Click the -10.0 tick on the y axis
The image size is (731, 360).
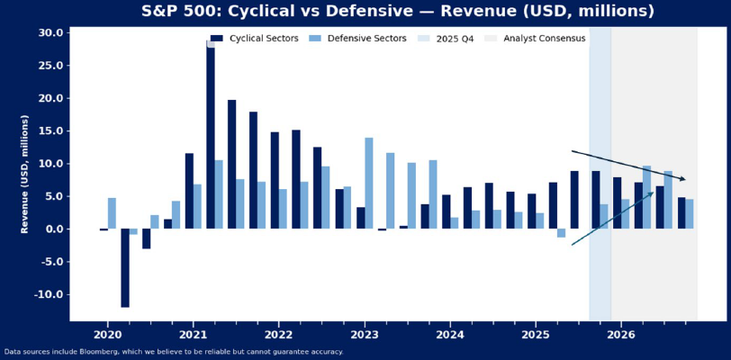tap(50, 294)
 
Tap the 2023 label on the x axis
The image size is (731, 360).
tap(365, 335)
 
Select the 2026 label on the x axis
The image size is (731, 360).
tap(621, 335)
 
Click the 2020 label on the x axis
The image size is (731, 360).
tap(107, 335)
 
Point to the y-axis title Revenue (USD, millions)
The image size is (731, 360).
tap(25, 174)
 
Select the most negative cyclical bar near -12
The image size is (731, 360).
tap(125, 268)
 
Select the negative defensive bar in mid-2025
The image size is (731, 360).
tap(562, 233)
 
